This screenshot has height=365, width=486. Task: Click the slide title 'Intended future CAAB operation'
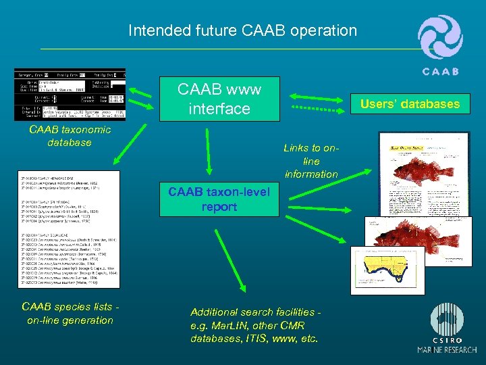(x=242, y=30)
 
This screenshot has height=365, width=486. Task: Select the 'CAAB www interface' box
(x=219, y=99)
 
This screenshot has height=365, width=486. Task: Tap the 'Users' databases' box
(x=410, y=103)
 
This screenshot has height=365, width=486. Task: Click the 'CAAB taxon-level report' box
(x=219, y=199)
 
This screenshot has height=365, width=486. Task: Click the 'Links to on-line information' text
(x=311, y=161)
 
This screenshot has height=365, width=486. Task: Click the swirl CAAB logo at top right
(x=440, y=39)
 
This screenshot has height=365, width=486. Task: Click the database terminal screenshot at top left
(x=70, y=95)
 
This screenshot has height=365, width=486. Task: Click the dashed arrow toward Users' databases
(x=323, y=107)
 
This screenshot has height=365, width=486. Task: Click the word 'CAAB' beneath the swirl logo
(x=440, y=71)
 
